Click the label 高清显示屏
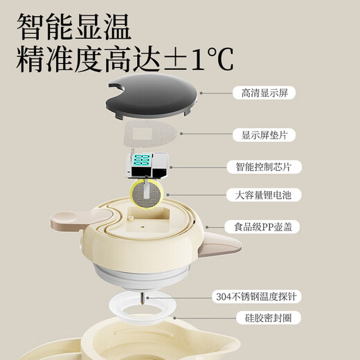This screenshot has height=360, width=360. pyautogui.click(x=264, y=93)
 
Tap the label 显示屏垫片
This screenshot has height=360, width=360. pyautogui.click(x=264, y=135)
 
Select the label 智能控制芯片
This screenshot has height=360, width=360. pyautogui.click(x=263, y=167)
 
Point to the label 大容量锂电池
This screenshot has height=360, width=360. pyautogui.click(x=263, y=195)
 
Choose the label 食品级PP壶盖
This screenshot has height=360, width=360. pyautogui.click(x=263, y=227)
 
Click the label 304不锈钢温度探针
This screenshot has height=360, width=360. pyautogui.click(x=256, y=296)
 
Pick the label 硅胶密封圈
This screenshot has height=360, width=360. pyautogui.click(x=269, y=318)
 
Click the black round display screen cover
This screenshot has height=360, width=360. pyautogui.click(x=152, y=97)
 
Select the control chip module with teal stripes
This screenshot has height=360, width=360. pyautogui.click(x=147, y=165)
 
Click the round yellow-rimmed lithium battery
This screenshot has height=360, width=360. pyautogui.click(x=147, y=192)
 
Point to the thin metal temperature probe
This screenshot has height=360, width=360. pyautogui.click(x=143, y=298)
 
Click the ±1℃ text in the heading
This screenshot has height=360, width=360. pyautogui.click(x=199, y=59)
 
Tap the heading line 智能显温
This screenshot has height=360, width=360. pyautogui.click(x=74, y=26)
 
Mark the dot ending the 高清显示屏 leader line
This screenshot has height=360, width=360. pyautogui.click(x=201, y=93)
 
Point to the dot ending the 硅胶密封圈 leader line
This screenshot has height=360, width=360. pyautogui.click(x=174, y=318)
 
